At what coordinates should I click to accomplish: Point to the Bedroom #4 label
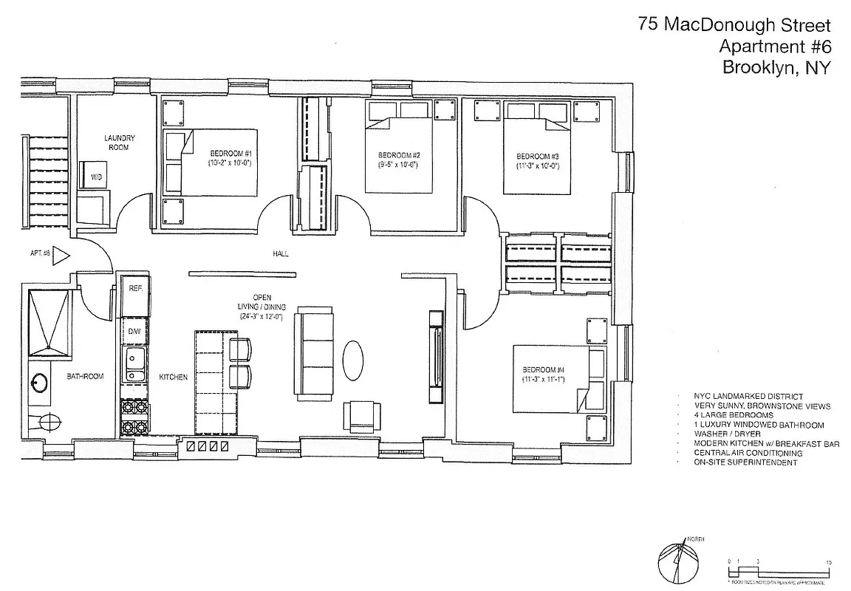tap(543, 369)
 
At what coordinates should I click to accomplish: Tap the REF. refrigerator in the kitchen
tap(135, 288)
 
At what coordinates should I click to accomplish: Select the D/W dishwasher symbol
tap(134, 332)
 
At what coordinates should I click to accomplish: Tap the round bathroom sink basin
tap(39, 383)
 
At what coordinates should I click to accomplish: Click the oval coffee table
tap(353, 360)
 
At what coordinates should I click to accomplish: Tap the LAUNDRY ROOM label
tap(119, 143)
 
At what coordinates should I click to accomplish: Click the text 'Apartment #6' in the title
tap(775, 46)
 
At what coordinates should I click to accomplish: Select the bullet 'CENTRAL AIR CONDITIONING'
tap(748, 453)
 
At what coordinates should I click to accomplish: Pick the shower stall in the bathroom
tap(49, 319)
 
